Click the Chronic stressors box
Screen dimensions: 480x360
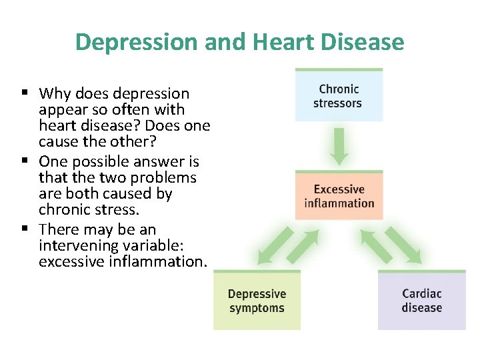click(x=339, y=95)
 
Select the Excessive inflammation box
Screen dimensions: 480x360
click(x=339, y=196)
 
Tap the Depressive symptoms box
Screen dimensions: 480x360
click(x=257, y=301)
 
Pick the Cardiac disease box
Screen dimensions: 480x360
click(x=421, y=301)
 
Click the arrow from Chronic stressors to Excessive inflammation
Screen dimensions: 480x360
click(x=339, y=145)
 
